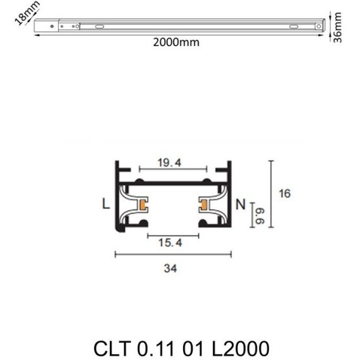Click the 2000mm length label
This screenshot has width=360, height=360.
click(x=176, y=43)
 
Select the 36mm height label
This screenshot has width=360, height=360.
click(x=338, y=27)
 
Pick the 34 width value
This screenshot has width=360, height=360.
click(x=170, y=268)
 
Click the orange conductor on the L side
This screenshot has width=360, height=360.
click(x=145, y=205)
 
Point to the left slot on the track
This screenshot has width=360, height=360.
click(x=99, y=27)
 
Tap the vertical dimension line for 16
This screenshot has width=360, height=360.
click(x=271, y=193)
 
